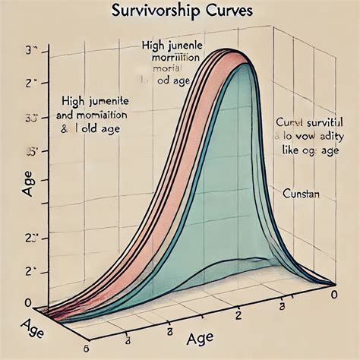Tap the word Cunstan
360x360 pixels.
(301, 194)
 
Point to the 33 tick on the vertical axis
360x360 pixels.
(31, 118)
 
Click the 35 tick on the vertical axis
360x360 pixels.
(32, 151)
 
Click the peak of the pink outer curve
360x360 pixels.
(225, 50)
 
